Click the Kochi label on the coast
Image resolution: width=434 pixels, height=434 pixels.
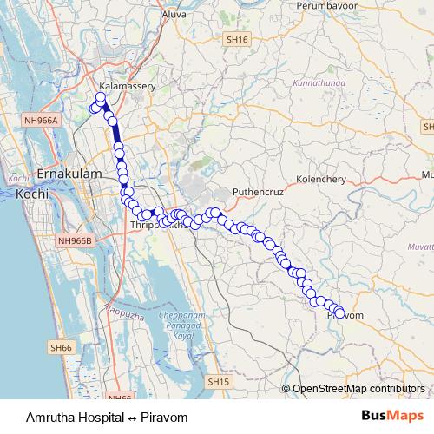(31, 194)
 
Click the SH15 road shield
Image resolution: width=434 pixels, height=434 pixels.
(217, 380)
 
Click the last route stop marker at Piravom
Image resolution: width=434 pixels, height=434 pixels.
(339, 314)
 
